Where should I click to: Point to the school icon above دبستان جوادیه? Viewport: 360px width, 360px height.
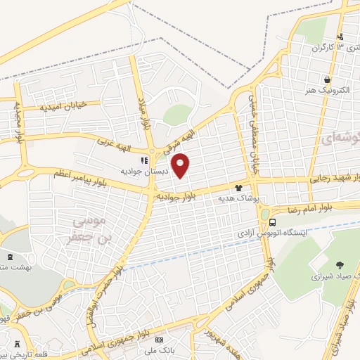click(145, 160)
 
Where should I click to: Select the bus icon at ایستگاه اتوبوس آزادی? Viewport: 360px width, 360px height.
click(263, 214)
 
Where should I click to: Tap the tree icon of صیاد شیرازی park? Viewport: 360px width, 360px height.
click(340, 265)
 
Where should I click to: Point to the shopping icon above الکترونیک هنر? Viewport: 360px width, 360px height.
click(327, 79)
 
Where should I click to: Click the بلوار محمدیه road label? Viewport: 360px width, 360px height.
click(18, 120)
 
